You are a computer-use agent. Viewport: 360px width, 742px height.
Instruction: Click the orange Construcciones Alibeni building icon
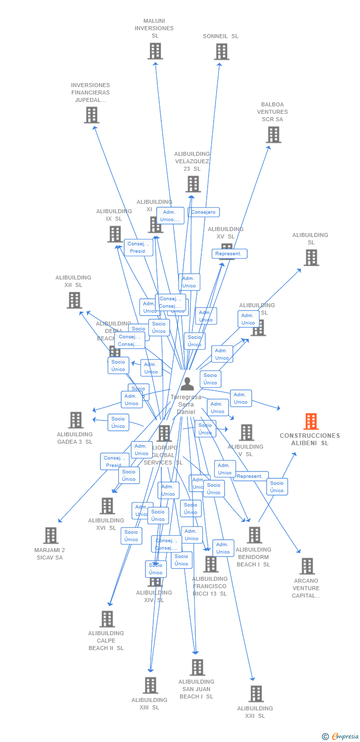311,421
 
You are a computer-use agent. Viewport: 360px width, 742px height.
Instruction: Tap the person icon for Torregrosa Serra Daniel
187,384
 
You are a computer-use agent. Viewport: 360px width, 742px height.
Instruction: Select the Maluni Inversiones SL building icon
155,51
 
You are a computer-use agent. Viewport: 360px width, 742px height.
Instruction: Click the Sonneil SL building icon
222,51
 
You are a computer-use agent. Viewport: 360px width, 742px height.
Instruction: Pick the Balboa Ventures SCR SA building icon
273,135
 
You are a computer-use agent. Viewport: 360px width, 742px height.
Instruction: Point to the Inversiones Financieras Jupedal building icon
91,115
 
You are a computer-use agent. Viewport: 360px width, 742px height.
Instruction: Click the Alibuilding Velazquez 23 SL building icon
193,184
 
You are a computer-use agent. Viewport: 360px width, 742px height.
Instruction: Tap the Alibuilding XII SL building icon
74,300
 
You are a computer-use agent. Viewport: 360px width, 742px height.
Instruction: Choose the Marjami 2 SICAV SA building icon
50,535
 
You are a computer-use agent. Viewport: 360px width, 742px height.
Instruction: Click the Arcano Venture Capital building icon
307,566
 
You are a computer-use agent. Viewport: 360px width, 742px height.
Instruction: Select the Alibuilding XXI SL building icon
256,694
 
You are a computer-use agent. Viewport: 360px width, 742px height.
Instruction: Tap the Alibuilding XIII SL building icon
150,685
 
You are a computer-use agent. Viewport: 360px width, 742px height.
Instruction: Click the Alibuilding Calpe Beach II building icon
107,619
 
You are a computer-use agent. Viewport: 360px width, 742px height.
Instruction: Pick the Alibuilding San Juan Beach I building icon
197,667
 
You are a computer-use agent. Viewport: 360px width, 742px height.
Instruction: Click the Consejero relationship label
203,212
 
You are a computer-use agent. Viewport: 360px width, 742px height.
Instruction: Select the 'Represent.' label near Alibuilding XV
229,254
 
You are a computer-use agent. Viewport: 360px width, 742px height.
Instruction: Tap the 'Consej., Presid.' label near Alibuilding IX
138,247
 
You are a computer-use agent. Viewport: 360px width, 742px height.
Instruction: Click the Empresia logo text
345,737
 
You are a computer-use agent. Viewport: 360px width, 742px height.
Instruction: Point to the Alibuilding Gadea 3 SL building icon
76,420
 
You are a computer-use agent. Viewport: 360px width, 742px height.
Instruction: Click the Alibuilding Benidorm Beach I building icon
254,535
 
